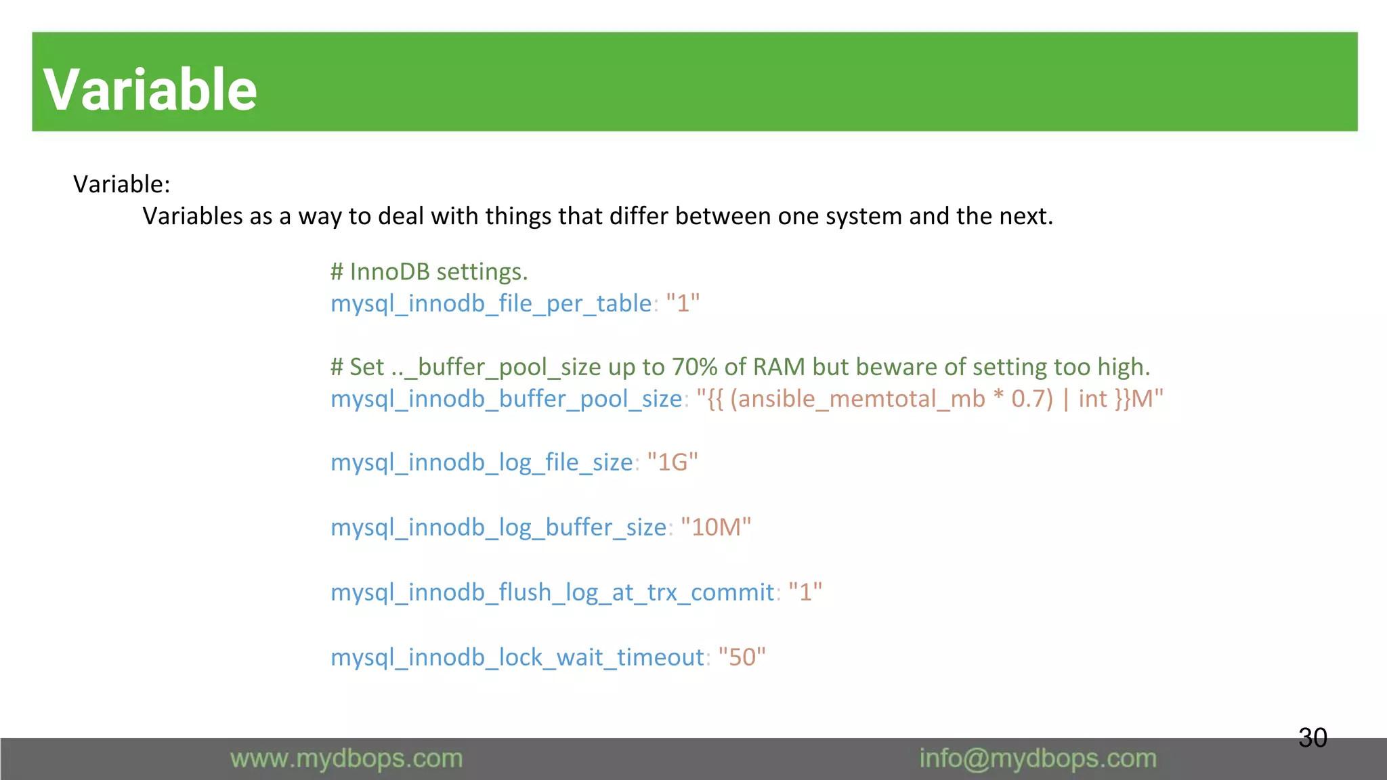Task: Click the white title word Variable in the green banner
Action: point(150,89)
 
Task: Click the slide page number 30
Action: point(1313,737)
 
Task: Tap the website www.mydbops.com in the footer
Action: point(346,758)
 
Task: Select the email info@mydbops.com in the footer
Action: point(1038,758)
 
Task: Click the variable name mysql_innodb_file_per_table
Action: point(490,303)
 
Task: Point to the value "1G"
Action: point(673,462)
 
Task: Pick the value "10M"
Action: point(716,527)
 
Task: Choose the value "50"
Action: point(742,657)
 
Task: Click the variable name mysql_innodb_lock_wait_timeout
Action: point(517,657)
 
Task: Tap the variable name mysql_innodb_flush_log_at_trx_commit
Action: point(552,592)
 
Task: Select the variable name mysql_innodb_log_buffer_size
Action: point(498,527)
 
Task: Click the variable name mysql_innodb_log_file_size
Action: point(482,462)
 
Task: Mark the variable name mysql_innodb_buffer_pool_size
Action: point(506,399)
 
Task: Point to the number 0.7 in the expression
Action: point(1028,399)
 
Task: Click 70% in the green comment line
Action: point(694,367)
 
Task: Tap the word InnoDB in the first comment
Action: point(390,272)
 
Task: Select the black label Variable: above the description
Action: point(122,184)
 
